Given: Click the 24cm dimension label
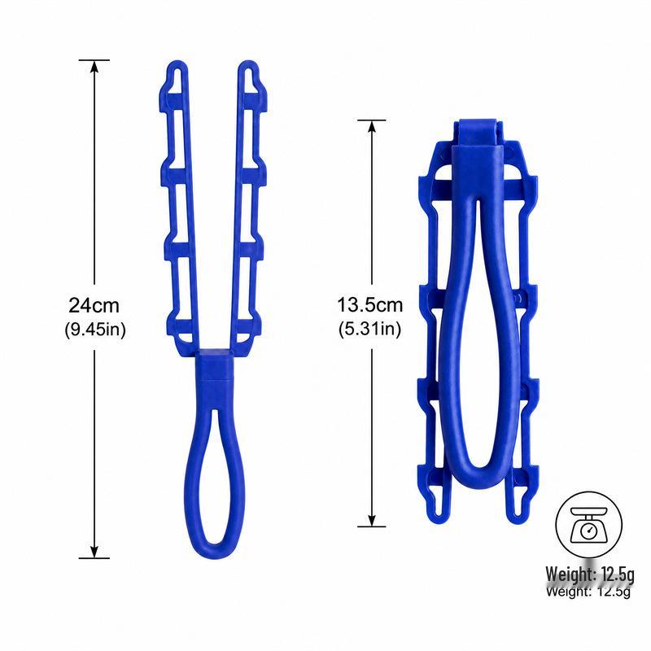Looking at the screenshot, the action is point(94,305).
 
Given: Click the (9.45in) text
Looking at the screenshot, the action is point(95,330).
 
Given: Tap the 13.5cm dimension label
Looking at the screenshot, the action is point(369,305).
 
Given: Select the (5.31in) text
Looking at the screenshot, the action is point(370,330).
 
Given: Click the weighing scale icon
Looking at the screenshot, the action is point(588,525).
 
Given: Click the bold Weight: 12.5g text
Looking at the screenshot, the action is point(590,575).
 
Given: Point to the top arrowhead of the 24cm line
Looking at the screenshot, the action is point(94,67).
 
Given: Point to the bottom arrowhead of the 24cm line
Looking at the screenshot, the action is point(94,552).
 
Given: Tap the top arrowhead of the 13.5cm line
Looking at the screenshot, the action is point(372,127).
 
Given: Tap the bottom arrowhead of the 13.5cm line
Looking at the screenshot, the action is point(372,521).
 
